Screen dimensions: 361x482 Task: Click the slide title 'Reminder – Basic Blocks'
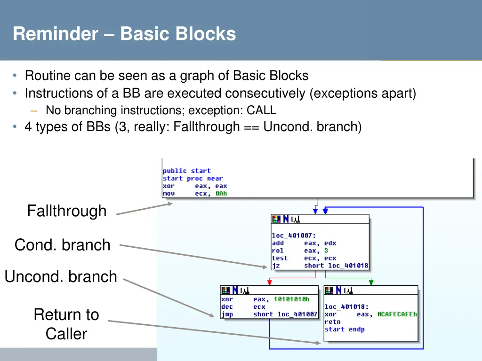(x=124, y=34)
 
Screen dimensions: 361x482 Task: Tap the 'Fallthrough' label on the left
(x=66, y=211)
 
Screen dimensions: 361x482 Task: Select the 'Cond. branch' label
(x=62, y=245)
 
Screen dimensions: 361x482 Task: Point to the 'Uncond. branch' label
(x=61, y=276)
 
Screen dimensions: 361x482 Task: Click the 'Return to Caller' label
(x=66, y=324)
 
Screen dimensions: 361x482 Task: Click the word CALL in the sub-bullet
(x=261, y=110)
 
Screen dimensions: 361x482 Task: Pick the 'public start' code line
(x=187, y=171)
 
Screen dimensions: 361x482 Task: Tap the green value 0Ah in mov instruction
(x=221, y=193)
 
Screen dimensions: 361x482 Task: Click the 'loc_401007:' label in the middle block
(x=294, y=235)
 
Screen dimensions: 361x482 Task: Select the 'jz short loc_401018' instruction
(x=320, y=266)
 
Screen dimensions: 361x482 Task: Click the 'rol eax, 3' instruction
(x=300, y=251)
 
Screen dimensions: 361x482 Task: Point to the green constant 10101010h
(x=291, y=299)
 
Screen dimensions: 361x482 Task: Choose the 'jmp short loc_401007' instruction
(x=269, y=314)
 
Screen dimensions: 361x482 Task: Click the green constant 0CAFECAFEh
(x=397, y=314)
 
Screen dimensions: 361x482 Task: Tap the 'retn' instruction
(x=332, y=322)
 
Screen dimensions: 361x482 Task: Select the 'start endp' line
(x=345, y=330)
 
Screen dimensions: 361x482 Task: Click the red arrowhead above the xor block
(x=269, y=283)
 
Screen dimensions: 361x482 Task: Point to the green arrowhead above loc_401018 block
(x=371, y=283)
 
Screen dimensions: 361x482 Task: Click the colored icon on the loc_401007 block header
(x=276, y=219)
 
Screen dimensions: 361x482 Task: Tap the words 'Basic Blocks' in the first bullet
(x=271, y=75)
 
